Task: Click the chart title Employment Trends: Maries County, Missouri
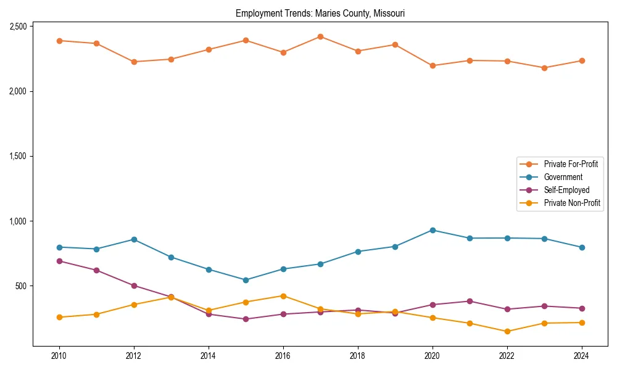point(320,13)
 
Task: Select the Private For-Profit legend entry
point(570,164)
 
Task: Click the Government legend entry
point(563,177)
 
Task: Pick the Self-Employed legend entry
point(566,190)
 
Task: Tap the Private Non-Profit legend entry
point(572,203)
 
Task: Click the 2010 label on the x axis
point(59,356)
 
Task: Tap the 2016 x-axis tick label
point(283,356)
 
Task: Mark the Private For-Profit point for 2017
point(320,37)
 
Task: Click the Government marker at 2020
point(433,230)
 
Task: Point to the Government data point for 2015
point(246,280)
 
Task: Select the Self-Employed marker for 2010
point(59,261)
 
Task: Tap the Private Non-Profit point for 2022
point(507,331)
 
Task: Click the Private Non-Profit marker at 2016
point(283,296)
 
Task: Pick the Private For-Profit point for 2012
point(134,62)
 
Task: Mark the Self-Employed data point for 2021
point(470,302)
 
